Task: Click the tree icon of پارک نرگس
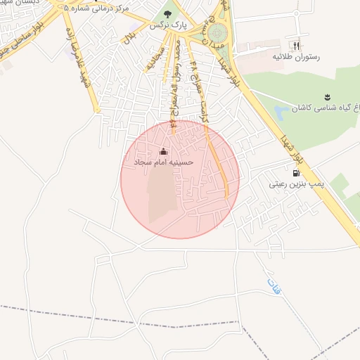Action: point(167,13)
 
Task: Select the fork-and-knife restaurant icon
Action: point(300,45)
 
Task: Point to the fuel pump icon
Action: point(295,173)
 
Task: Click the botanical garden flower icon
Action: point(328,96)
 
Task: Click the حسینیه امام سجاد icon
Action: point(164,151)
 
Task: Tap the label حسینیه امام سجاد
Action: point(164,162)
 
